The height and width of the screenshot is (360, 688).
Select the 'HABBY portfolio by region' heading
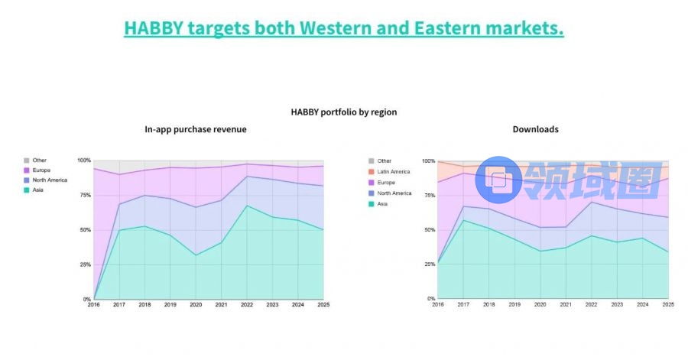pyautogui.click(x=343, y=112)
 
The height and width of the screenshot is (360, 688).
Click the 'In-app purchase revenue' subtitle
pyautogui.click(x=196, y=129)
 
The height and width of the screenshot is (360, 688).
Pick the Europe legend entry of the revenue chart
pyautogui.click(x=41, y=170)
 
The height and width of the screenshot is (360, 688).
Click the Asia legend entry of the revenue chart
pyautogui.click(x=37, y=190)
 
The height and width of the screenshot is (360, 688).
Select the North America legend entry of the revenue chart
pyautogui.click(x=50, y=180)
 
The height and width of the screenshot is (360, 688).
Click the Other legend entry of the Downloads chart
pyautogui.click(x=385, y=161)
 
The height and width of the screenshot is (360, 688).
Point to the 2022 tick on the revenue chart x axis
pyautogui.click(x=247, y=305)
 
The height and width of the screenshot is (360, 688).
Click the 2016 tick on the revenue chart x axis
pyautogui.click(x=93, y=305)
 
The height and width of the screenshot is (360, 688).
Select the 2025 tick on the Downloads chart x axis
pyautogui.click(x=668, y=304)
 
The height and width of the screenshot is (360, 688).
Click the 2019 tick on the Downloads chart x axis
pyautogui.click(x=514, y=304)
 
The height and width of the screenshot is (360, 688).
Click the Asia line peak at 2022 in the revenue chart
pyautogui.click(x=247, y=206)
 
